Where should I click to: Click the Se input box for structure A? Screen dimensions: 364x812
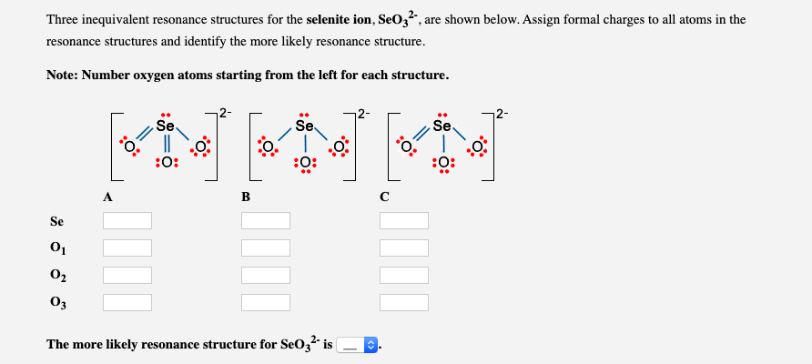pyautogui.click(x=127, y=220)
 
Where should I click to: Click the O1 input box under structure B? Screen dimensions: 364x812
pyautogui.click(x=266, y=248)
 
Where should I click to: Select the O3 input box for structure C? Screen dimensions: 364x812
pyautogui.click(x=404, y=302)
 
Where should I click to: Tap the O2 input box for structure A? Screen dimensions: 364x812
pyautogui.click(x=127, y=275)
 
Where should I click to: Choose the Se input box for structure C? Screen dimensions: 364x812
pyautogui.click(x=404, y=220)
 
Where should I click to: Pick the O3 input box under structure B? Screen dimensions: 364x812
pyautogui.click(x=266, y=302)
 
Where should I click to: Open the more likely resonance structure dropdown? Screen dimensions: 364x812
pyautogui.click(x=357, y=345)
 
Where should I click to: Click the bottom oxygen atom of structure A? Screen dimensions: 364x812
pyautogui.click(x=167, y=163)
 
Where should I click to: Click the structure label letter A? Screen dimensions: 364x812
pyautogui.click(x=108, y=195)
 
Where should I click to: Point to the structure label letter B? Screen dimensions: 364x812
pyautogui.click(x=246, y=195)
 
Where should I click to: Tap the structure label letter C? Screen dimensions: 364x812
pyautogui.click(x=384, y=195)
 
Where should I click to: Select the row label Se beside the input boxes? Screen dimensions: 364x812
pyautogui.click(x=56, y=221)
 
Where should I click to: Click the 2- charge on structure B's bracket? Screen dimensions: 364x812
pyautogui.click(x=362, y=115)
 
